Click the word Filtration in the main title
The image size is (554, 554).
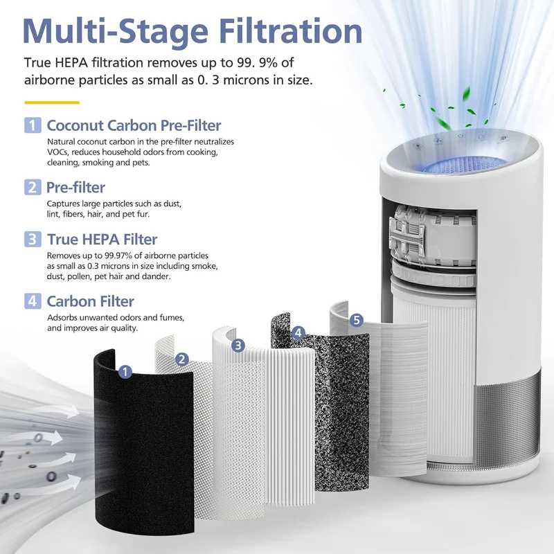[x=290, y=30]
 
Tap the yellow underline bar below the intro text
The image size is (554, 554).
[x=52, y=102]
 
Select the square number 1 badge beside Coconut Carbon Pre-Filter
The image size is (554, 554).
[x=33, y=125]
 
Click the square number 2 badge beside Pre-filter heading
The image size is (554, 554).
[x=33, y=187]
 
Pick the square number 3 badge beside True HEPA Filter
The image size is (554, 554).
[x=33, y=239]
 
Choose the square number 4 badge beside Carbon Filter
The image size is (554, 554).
[x=33, y=301]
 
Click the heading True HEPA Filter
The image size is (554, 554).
[x=102, y=239]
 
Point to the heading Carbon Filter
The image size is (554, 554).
[x=91, y=301]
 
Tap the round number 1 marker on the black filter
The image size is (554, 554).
[x=125, y=372]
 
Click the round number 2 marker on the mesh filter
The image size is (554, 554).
[x=182, y=359]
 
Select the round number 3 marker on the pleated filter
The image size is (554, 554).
[x=238, y=345]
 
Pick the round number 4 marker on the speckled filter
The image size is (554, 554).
[x=298, y=332]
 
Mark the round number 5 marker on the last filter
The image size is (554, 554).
[x=357, y=320]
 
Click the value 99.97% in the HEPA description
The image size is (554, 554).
[x=118, y=256]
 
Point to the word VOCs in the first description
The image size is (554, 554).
[x=56, y=152]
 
